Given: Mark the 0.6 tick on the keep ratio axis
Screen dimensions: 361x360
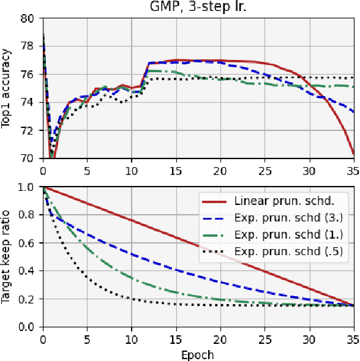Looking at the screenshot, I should pos(28,242).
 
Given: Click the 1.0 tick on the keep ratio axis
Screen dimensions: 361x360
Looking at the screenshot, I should pos(28,187).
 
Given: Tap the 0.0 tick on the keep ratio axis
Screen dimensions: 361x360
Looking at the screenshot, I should pos(28,327).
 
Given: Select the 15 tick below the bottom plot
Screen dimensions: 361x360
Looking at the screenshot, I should pos(176,338).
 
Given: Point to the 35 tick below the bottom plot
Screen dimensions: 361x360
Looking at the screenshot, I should pos(353,338).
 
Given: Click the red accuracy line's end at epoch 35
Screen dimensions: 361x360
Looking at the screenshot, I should pos(353,155).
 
